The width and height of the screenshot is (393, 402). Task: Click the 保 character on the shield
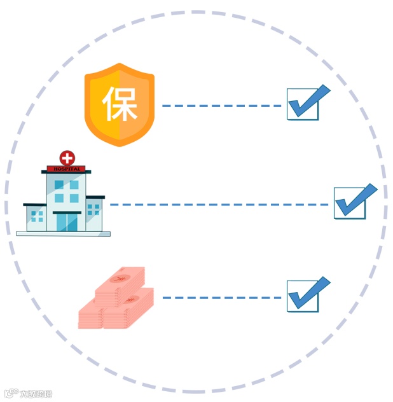(x=120, y=104)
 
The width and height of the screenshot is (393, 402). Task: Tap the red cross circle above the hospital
(x=66, y=158)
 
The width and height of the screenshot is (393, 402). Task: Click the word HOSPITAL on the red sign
(x=66, y=169)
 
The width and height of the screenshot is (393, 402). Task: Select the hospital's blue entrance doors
(x=66, y=222)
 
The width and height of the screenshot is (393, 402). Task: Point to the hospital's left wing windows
(x=37, y=216)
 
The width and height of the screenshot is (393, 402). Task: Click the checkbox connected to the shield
(x=303, y=104)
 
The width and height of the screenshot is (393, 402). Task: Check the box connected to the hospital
(x=350, y=203)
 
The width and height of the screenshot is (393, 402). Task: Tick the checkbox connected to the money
(x=303, y=296)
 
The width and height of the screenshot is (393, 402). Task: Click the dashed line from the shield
(x=223, y=106)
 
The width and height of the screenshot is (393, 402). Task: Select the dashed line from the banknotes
(x=223, y=298)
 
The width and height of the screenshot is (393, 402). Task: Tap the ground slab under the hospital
(x=63, y=233)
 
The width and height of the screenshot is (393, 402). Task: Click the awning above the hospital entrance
(x=66, y=212)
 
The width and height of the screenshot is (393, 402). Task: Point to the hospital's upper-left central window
(x=59, y=185)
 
